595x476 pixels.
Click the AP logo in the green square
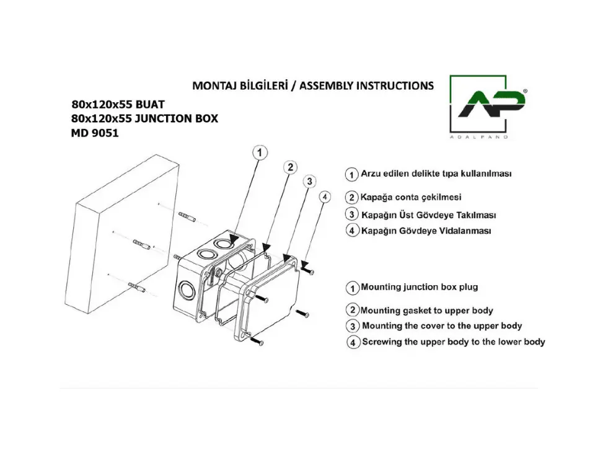(491, 104)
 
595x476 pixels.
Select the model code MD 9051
(95, 133)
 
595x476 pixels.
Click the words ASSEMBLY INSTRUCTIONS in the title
(366, 86)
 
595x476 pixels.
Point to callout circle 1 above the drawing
(260, 152)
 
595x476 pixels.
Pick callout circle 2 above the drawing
(290, 167)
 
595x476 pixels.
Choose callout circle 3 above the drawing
(310, 182)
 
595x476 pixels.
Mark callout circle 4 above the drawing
(324, 197)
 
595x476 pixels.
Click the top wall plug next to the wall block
(187, 217)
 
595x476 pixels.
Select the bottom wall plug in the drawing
(136, 287)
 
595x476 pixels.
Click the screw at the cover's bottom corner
(257, 342)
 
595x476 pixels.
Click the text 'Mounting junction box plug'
(420, 288)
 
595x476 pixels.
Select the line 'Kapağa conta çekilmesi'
(411, 197)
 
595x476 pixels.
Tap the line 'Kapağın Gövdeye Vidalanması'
(426, 231)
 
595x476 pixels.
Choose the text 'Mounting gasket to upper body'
(426, 311)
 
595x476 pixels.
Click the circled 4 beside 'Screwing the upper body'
(353, 342)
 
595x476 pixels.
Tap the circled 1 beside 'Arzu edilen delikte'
(352, 175)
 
